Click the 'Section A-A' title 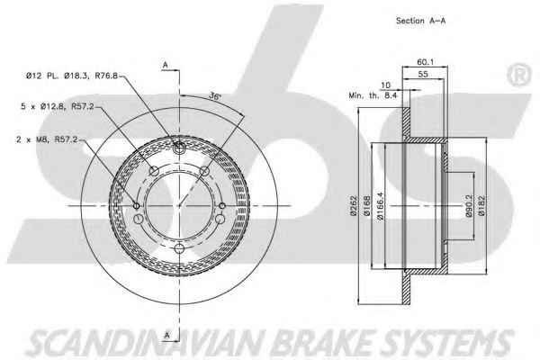(420, 21)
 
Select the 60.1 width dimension (426, 62)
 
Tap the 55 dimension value (423, 74)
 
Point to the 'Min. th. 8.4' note (373, 95)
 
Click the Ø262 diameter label (354, 206)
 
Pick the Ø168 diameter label (366, 206)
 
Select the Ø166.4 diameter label (380, 206)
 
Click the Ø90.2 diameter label (469, 206)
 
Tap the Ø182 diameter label (481, 206)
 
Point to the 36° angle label (215, 95)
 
